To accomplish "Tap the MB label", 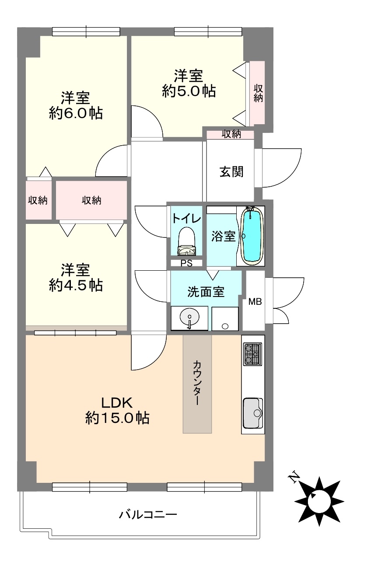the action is click(x=255, y=302).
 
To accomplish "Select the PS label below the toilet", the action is click(x=186, y=263).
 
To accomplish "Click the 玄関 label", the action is click(x=231, y=172).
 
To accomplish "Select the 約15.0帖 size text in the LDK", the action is click(x=117, y=418).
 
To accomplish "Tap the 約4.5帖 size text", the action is click(x=76, y=285).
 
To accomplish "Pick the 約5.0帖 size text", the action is click(x=189, y=91).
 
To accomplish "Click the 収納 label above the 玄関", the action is click(x=231, y=134).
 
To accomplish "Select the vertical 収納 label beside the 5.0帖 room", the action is click(x=258, y=93).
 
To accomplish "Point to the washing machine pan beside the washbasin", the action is click(x=225, y=318).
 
